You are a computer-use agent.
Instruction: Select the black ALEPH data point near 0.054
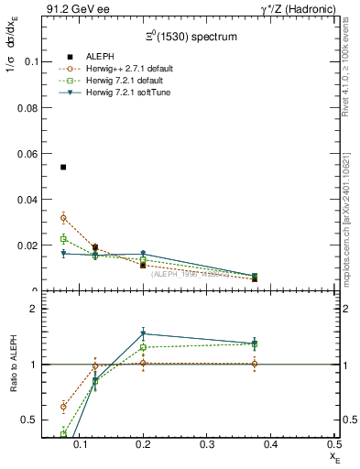point(63,168)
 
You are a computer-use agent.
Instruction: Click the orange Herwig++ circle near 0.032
point(63,218)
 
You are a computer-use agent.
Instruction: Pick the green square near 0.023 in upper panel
point(63,239)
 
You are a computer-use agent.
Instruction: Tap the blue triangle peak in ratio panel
point(143,333)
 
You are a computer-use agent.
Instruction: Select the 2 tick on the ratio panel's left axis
point(31,309)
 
